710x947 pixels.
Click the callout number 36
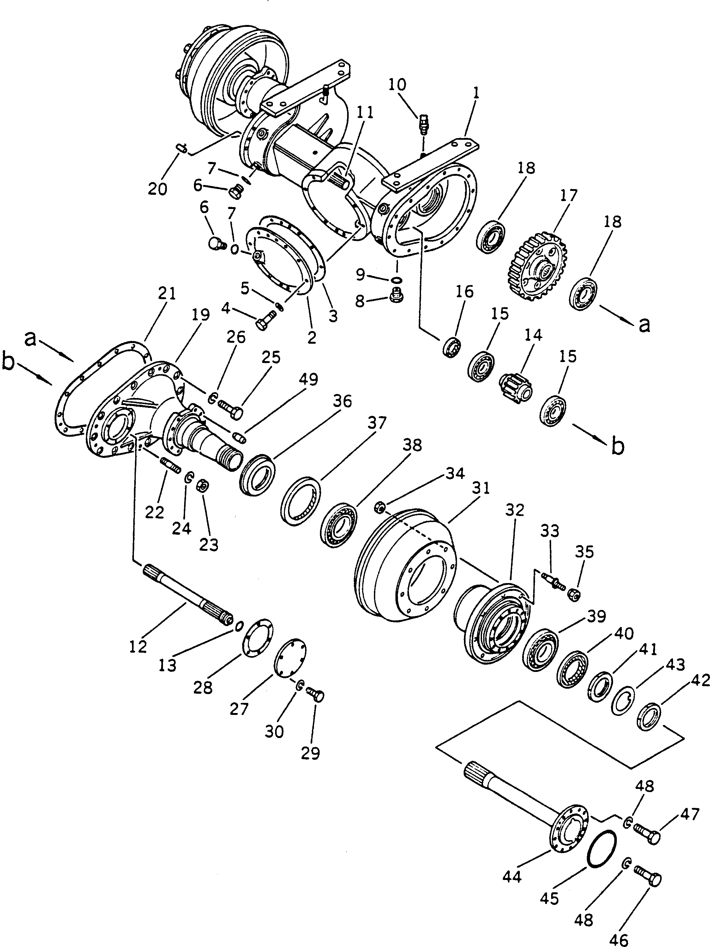coord(342,402)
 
